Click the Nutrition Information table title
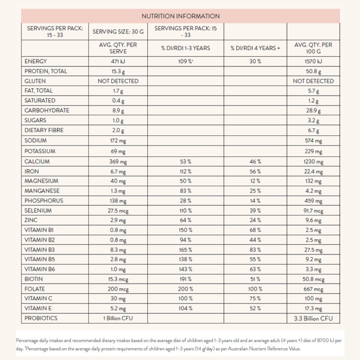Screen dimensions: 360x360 [180, 16]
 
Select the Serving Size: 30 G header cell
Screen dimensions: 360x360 [118, 31]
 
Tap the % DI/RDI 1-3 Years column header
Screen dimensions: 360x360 [186, 48]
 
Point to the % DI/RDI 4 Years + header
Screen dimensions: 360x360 [255, 48]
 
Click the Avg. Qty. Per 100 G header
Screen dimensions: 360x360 [313, 48]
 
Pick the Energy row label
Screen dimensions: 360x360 [36, 61]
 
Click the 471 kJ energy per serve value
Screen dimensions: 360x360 [118, 61]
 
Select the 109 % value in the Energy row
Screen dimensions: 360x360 [186, 61]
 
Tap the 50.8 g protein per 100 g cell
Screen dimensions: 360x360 [313, 71]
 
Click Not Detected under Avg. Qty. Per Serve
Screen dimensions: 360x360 [118, 81]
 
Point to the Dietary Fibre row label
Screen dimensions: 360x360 [44, 130]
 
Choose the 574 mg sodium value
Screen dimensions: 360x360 [313, 141]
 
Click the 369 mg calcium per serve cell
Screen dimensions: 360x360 [118, 162]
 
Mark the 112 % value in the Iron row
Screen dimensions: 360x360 [186, 171]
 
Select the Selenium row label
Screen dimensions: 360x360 [38, 211]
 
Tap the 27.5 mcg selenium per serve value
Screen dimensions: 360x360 [118, 211]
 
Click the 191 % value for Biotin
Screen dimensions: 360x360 [186, 279]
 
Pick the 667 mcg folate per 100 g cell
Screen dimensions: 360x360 [313, 289]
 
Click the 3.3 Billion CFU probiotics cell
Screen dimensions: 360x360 [313, 318]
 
